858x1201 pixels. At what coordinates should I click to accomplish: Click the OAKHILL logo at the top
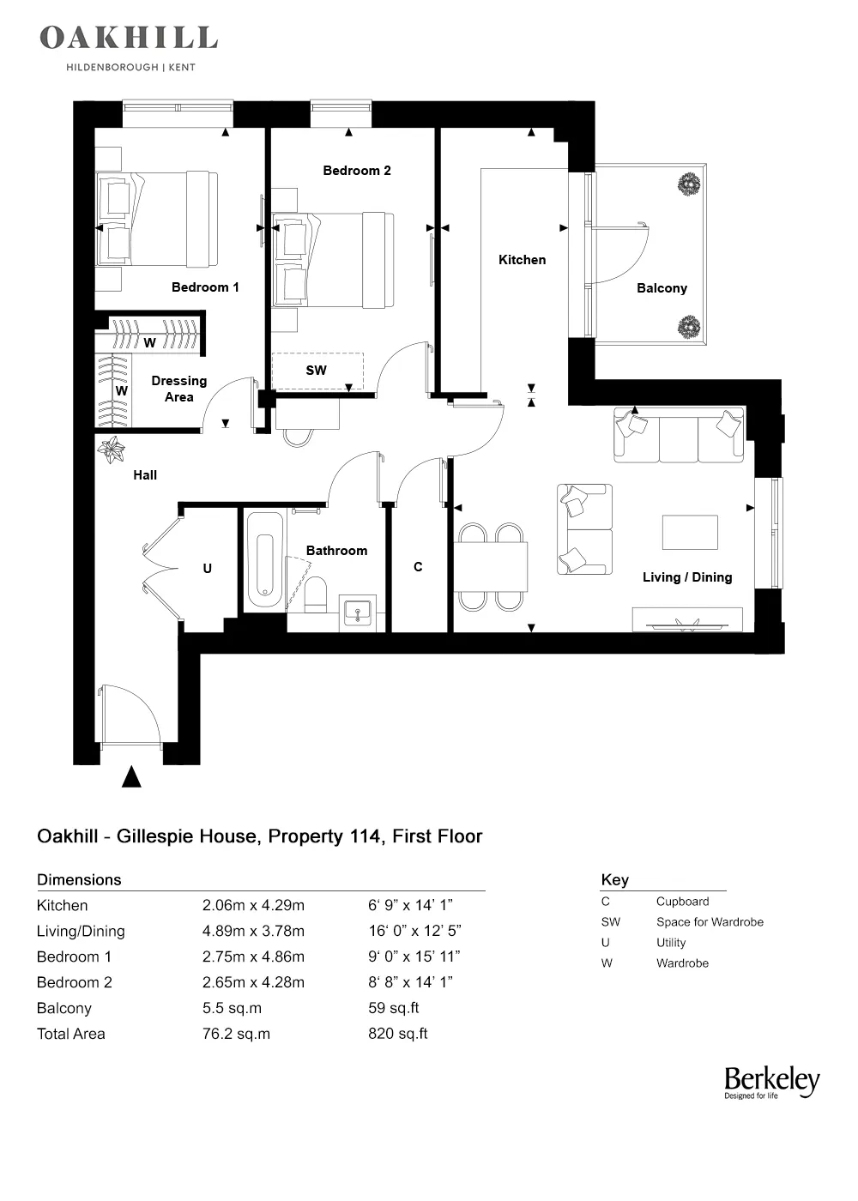point(129,39)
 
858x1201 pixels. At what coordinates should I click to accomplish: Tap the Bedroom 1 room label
point(205,287)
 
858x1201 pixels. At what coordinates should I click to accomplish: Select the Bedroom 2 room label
point(357,171)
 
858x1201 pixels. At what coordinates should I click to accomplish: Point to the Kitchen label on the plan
point(522,260)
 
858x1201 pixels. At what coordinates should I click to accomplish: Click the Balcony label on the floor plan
point(662,288)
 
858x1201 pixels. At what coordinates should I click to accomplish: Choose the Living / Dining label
point(687,577)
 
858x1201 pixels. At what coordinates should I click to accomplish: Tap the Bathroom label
point(336,551)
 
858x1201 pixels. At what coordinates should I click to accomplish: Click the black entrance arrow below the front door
point(131,777)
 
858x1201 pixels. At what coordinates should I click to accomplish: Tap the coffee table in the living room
point(690,532)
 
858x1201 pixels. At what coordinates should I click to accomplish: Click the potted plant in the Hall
point(112,450)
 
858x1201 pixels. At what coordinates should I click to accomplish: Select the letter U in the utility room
point(207,569)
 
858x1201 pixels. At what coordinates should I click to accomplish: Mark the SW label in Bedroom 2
point(316,371)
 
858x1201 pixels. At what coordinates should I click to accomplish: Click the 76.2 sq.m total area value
point(236,1034)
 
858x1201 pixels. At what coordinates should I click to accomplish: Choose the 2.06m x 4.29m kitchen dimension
point(253,905)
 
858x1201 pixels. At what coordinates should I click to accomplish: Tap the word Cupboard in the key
point(682,902)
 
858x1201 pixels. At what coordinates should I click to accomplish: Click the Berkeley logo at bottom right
point(771,1083)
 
